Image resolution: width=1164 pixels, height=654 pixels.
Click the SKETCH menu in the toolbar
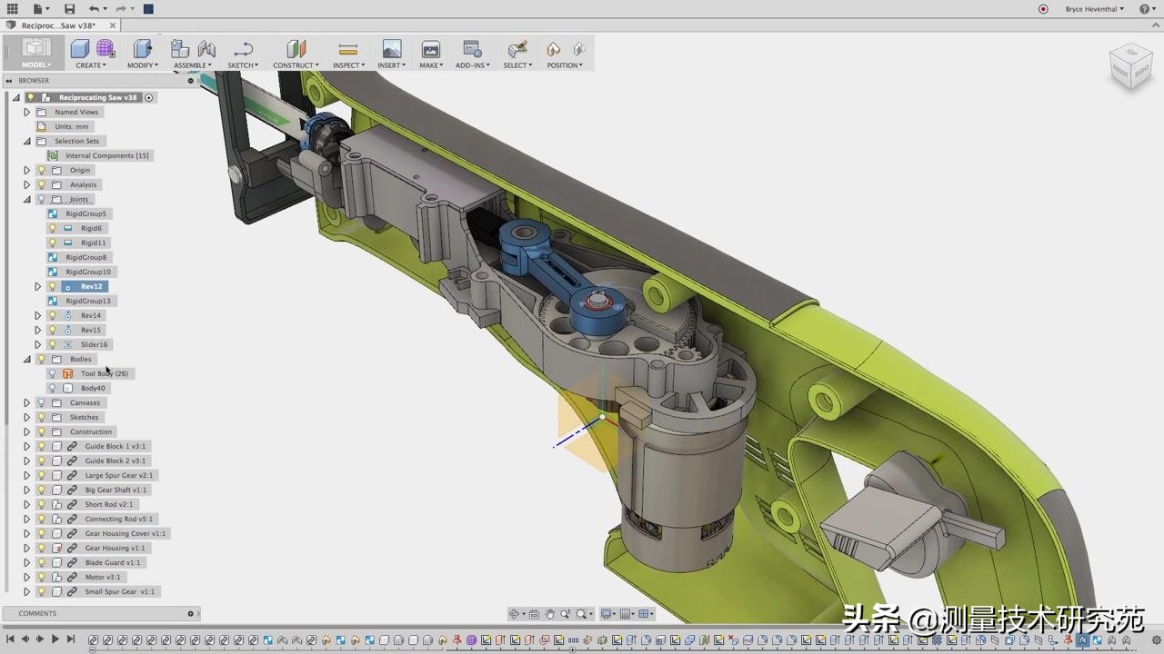(x=242, y=65)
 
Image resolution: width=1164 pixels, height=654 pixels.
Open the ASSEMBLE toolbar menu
(x=192, y=65)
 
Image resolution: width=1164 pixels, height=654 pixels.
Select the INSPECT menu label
(x=347, y=65)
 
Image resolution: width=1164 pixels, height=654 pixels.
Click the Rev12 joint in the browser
(x=91, y=286)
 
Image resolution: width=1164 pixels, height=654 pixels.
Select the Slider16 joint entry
(x=94, y=344)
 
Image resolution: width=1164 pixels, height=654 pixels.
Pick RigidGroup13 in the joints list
(x=88, y=301)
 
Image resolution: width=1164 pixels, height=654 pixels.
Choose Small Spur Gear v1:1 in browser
(x=120, y=591)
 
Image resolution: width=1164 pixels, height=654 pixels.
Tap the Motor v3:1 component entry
(x=103, y=577)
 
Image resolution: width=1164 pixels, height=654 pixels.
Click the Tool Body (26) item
(x=104, y=373)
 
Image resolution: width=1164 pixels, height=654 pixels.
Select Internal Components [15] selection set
(x=106, y=155)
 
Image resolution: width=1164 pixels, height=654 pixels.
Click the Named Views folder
(x=76, y=112)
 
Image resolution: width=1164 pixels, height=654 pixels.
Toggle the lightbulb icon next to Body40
(x=52, y=388)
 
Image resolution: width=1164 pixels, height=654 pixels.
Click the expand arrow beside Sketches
(x=26, y=417)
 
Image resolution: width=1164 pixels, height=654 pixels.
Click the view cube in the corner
(x=1130, y=66)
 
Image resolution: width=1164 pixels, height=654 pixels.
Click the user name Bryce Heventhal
(x=1094, y=9)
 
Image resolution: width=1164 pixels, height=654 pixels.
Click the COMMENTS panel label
(x=37, y=613)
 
